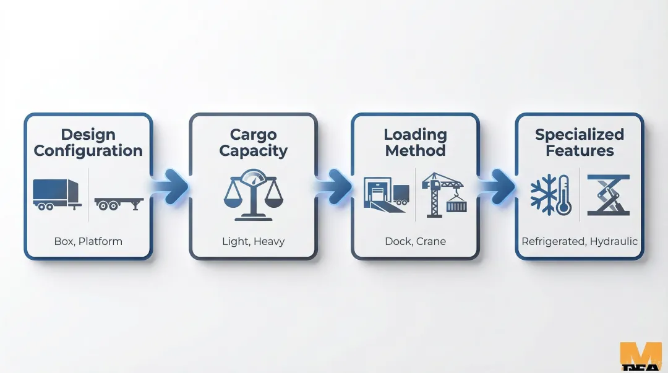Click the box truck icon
click(x=56, y=194)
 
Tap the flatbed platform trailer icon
click(x=119, y=204)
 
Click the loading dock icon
click(x=387, y=194)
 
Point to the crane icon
click(x=443, y=194)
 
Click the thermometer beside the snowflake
click(x=563, y=194)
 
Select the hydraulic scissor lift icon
click(x=608, y=195)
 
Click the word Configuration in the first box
click(x=88, y=151)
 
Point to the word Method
click(x=415, y=151)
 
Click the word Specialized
click(x=580, y=135)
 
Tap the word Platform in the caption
click(x=101, y=241)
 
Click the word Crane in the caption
click(x=430, y=241)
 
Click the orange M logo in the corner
click(x=640, y=357)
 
